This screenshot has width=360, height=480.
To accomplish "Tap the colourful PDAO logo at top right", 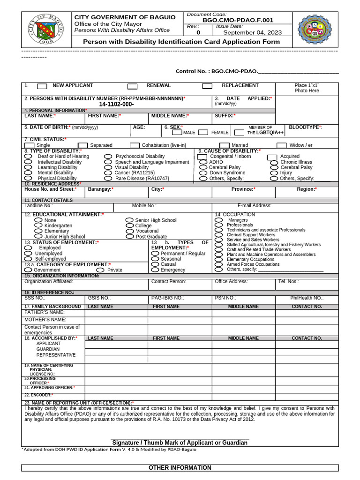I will point(315,29).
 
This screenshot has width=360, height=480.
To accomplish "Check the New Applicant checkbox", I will point(42,86).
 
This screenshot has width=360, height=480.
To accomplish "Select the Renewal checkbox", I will point(133,86).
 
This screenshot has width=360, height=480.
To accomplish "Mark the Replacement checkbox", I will point(207,86).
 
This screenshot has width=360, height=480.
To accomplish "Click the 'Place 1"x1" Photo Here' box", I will point(307,88).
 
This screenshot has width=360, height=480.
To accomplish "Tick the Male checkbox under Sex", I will point(177,133).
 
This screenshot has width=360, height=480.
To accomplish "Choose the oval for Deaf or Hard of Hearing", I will point(28,156).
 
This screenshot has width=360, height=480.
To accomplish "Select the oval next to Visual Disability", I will point(108,167).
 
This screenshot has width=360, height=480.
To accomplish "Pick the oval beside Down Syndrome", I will point(202,173).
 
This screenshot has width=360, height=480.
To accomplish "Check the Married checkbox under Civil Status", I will point(225,145).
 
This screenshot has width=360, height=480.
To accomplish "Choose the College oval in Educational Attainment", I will point(129,225).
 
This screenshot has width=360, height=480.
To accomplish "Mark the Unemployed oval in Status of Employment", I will point(28,253).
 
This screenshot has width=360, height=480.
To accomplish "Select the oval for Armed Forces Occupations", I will point(218,264).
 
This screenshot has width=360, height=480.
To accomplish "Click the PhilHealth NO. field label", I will point(307,298).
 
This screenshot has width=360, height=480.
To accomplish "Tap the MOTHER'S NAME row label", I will point(45,319).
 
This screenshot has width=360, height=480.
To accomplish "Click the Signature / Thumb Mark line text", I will point(179,442).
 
